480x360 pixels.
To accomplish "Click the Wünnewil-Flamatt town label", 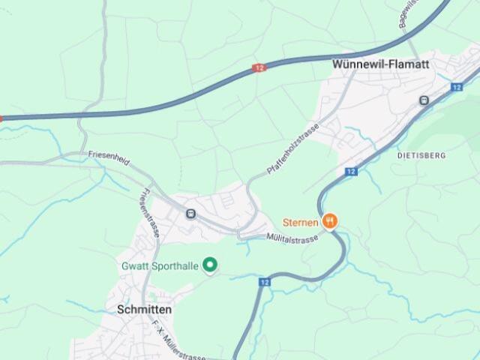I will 380,64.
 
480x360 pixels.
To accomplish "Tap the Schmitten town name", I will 145,309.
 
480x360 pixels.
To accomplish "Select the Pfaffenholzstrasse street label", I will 293,148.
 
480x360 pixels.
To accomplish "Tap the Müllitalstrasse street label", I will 292,237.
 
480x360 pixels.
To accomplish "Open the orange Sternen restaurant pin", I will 330,221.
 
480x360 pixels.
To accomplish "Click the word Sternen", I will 301,222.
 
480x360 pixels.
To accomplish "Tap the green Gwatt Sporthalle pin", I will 211,265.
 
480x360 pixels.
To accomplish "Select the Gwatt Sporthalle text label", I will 160,266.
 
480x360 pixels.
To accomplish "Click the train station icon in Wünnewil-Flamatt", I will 424,100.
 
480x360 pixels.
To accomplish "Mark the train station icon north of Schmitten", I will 190,214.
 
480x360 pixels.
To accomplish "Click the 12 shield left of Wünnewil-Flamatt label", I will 259,68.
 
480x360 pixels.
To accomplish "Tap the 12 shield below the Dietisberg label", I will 351,172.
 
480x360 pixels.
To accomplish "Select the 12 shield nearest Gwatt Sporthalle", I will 264,282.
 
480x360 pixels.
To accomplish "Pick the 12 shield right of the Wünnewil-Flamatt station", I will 457,88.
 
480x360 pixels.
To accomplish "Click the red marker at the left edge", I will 1,118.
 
